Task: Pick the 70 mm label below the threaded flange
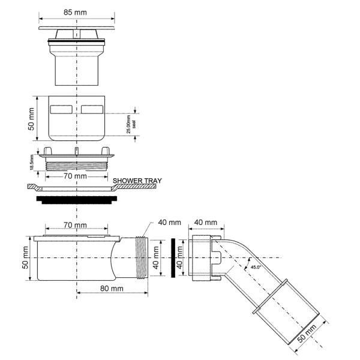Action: (76, 177)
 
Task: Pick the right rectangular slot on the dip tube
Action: (92, 110)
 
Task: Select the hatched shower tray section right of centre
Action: (135, 188)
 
